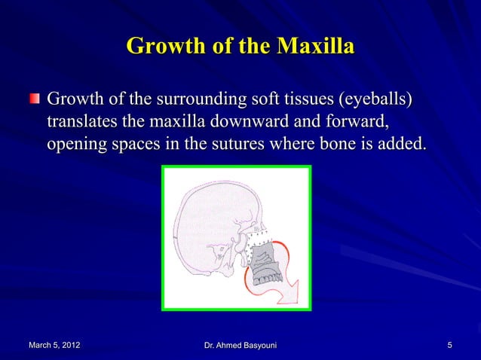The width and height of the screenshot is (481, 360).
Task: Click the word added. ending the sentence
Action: (400, 143)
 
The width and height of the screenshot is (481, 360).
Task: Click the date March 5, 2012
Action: (55, 345)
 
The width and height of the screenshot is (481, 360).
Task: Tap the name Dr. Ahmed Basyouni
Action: (240, 345)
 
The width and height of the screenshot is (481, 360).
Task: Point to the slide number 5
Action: (449, 345)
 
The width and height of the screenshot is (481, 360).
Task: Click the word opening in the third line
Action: (76, 143)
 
